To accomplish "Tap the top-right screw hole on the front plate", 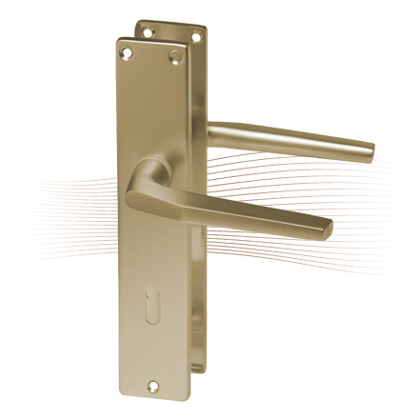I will (x=174, y=59).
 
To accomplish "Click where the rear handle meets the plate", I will (x=211, y=134).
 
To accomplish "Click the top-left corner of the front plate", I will (x=118, y=40).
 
